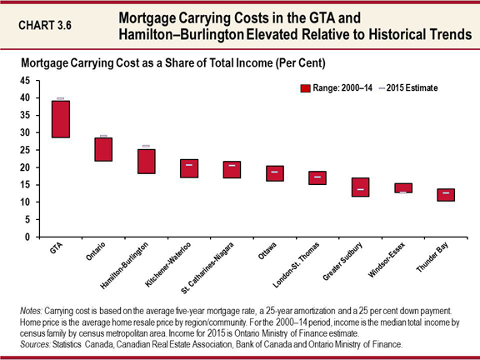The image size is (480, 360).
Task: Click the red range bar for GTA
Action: click(60, 118)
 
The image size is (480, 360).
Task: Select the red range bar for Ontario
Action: click(103, 149)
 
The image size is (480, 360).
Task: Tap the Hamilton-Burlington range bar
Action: click(147, 161)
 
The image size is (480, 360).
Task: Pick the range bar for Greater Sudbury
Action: click(360, 187)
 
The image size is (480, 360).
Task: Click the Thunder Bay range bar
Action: click(446, 194)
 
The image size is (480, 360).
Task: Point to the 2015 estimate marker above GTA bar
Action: click(60, 99)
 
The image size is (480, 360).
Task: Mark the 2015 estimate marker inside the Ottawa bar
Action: click(274, 172)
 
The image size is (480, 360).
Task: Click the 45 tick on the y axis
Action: click(25, 81)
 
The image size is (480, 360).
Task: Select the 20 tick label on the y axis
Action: click(25, 167)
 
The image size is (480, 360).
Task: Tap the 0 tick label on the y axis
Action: click(27, 237)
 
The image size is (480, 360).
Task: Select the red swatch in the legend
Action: click(305, 87)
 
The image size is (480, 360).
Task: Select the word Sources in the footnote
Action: click(36, 343)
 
